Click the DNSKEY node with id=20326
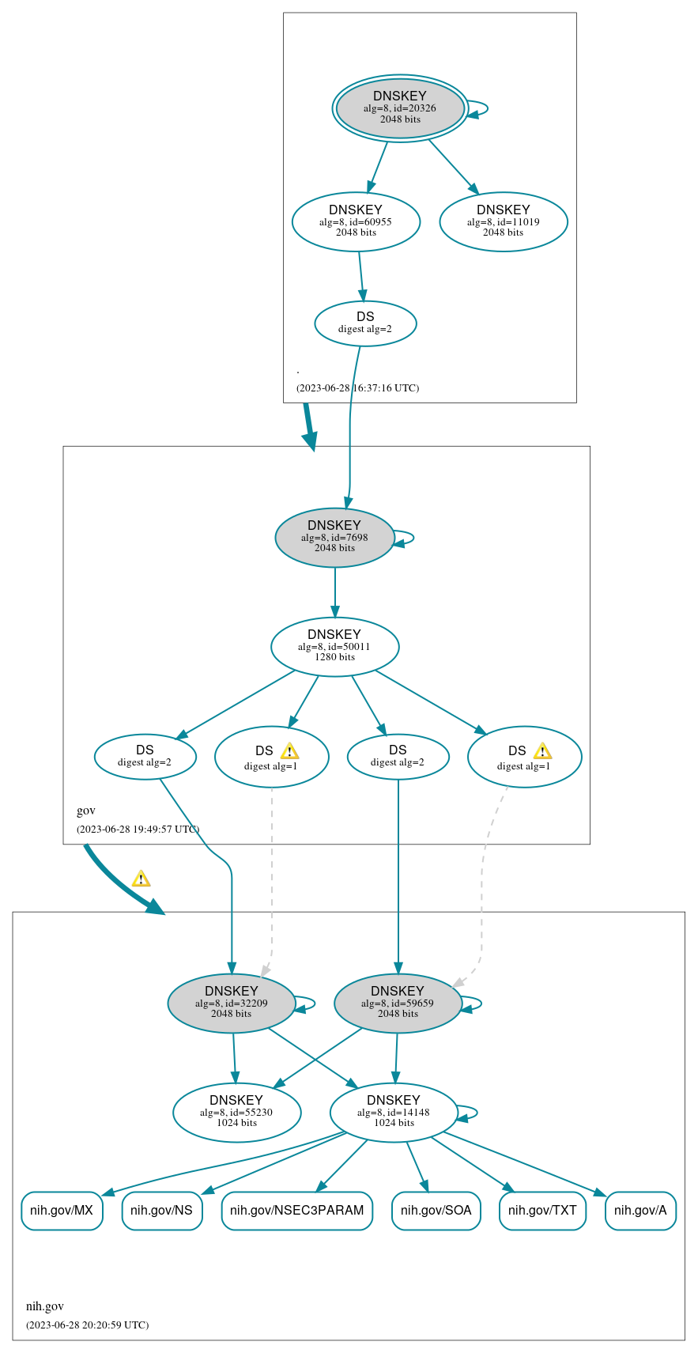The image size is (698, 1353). (400, 108)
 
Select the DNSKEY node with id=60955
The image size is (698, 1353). (356, 221)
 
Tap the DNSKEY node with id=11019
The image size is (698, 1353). (504, 221)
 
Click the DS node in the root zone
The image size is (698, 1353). (365, 323)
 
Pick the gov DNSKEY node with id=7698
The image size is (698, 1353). (334, 537)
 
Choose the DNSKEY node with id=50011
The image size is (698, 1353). (334, 646)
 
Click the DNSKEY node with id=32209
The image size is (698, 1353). (232, 1003)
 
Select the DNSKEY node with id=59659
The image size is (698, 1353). (398, 1003)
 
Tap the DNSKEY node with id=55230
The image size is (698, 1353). (236, 1112)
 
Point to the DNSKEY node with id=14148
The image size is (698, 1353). (394, 1112)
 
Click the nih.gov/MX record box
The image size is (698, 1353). (62, 1210)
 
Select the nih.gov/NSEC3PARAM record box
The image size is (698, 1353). (296, 1210)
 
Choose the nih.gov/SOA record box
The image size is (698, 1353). (436, 1210)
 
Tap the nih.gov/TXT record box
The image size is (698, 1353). (542, 1210)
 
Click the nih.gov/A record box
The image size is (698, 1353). (640, 1210)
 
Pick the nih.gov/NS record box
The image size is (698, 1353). (162, 1210)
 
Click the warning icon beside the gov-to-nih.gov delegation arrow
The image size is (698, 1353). (141, 879)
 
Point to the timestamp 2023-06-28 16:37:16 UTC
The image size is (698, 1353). (357, 387)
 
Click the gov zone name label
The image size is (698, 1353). (86, 811)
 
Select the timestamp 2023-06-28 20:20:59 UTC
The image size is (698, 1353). (87, 1325)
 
